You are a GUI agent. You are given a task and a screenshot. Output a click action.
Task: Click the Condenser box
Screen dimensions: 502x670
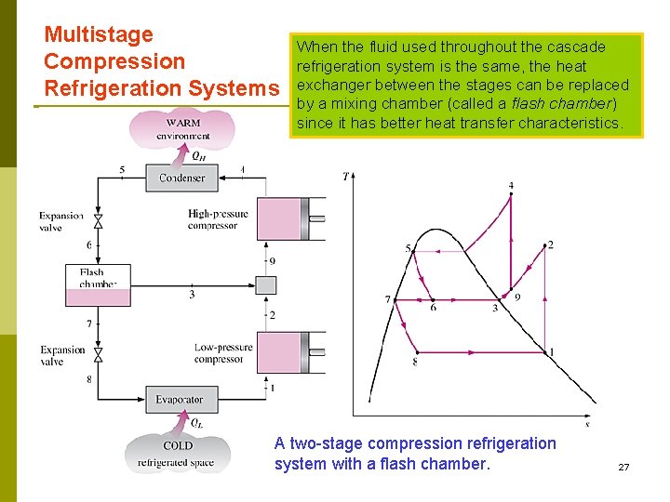[181, 178]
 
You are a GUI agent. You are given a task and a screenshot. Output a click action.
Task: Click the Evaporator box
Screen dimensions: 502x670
[180, 400]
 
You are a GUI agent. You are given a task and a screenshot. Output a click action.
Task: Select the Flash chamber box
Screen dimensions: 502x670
[98, 286]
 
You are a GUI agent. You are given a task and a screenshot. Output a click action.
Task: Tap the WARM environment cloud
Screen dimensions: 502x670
[182, 129]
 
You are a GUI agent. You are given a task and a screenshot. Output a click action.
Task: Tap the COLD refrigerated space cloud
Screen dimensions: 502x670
[177, 453]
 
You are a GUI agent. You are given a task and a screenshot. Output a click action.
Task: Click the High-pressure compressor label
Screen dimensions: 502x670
[218, 219]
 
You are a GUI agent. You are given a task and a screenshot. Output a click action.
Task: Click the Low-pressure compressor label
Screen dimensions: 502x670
[223, 353]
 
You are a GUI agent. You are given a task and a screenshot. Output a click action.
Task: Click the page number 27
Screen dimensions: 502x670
[623, 467]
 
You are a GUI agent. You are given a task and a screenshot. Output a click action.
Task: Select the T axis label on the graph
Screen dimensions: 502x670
[346, 177]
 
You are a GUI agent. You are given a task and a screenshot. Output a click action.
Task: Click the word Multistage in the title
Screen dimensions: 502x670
[99, 35]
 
